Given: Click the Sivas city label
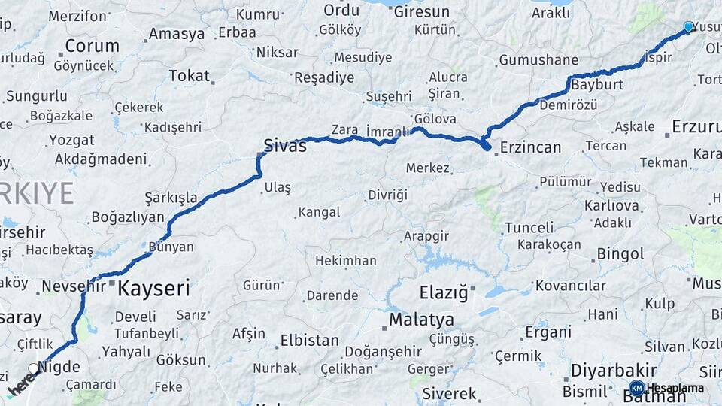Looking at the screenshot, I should [285, 146].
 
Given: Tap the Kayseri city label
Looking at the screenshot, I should [154, 287].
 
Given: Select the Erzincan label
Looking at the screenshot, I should [530, 147].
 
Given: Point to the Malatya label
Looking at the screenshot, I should [421, 320].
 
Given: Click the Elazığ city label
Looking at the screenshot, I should [443, 292].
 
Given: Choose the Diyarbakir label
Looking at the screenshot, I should [614, 371].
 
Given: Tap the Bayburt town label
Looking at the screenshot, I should [597, 85].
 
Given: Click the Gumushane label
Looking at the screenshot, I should [538, 60].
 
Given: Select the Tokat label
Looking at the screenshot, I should [189, 75].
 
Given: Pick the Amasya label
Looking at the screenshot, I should [176, 34].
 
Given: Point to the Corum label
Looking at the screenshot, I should [92, 45].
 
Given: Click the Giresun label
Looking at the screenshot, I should [422, 11].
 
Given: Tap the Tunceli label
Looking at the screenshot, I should [529, 228].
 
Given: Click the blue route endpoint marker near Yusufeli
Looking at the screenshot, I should [688, 27].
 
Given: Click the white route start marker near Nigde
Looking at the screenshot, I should [32, 369].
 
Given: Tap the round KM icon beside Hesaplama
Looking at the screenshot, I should [636, 388].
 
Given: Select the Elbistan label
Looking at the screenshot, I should [309, 341].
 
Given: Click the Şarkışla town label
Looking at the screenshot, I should [171, 198].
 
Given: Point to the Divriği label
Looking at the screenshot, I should [387, 195].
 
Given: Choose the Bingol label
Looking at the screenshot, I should [620, 254].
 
